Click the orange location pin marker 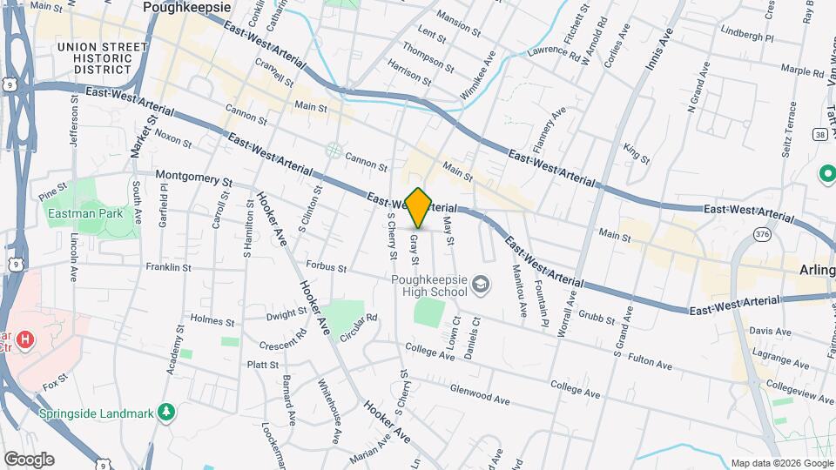(419, 208)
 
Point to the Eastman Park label (84, 213)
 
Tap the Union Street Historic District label (103, 57)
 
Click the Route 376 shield (763, 234)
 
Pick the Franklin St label (168, 268)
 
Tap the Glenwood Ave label (479, 394)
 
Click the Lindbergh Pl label (747, 37)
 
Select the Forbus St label (327, 265)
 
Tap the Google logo (29, 460)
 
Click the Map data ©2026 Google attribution (781, 463)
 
